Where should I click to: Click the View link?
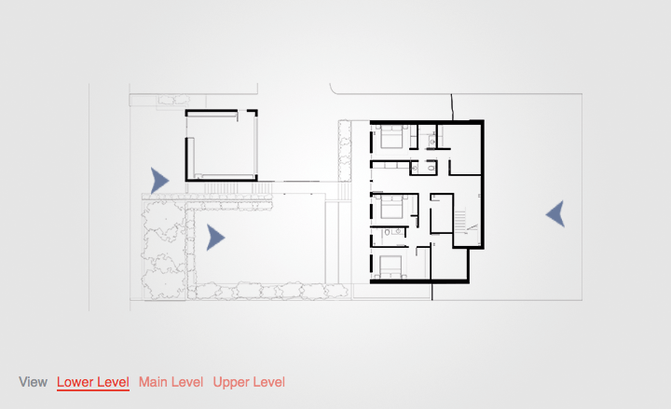33,382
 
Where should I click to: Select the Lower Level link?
92,382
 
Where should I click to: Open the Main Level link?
171,382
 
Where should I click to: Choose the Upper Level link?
249,382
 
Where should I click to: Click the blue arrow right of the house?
555,214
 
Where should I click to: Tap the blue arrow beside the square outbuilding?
159,180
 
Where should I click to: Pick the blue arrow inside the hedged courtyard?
215,239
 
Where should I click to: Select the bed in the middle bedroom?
389,205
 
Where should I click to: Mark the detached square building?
222,145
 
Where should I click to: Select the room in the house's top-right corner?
464,147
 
